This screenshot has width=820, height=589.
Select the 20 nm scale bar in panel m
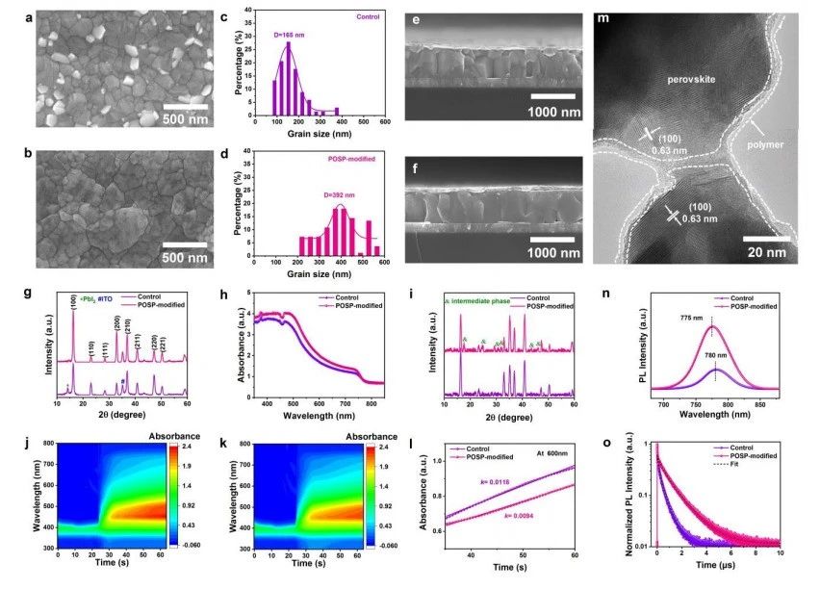[767, 237]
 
